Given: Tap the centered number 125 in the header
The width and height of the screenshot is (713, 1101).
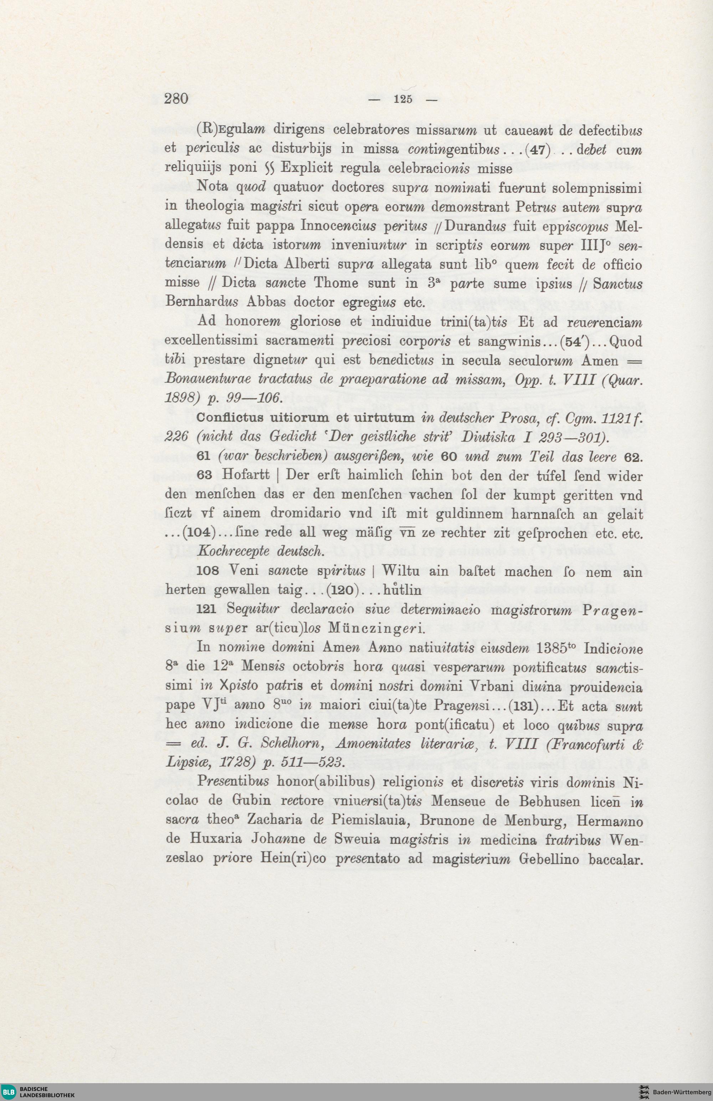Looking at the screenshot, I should pos(403,100).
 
